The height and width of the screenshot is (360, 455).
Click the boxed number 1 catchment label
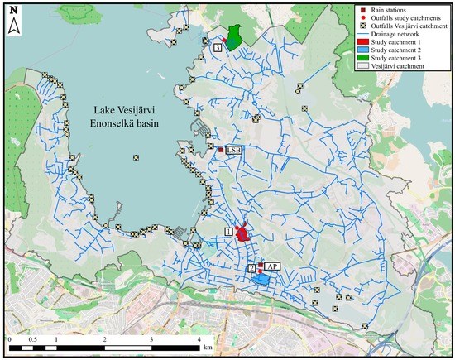[229, 232]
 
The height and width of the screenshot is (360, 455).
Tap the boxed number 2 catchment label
[251, 268]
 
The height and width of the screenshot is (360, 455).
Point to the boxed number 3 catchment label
[217, 49]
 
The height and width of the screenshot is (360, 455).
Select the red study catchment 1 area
[242, 235]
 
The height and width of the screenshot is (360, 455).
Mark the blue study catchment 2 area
[262, 281]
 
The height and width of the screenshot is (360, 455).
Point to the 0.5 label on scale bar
[33, 340]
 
